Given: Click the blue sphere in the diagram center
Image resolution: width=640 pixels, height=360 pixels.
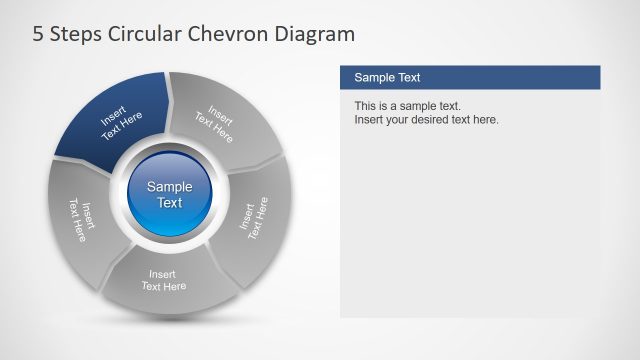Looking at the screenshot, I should [x=170, y=194].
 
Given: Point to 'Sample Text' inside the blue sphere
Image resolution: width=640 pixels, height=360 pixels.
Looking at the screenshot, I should [x=170, y=194].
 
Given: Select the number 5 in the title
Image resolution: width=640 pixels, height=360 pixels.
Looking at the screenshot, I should [x=39, y=35].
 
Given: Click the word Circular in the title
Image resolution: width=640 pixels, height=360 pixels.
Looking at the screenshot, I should [x=142, y=35].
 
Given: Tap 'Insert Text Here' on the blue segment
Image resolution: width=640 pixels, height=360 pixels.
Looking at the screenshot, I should [x=121, y=125].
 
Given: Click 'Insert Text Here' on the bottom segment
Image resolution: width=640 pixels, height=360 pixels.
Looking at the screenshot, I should [x=164, y=280].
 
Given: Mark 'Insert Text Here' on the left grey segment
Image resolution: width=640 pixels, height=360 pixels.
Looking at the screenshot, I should [x=80, y=220].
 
